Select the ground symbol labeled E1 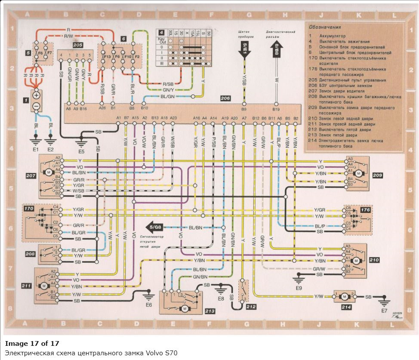pyautogui.click(x=36, y=141)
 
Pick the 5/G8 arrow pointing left pyautogui.click(x=156, y=227)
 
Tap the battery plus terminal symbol pyautogui.click(x=37, y=95)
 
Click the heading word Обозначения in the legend pyautogui.click(x=323, y=28)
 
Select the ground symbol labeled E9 pyautogui.click(x=297, y=276)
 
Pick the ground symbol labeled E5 pyautogui.click(x=80, y=141)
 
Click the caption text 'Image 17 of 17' pyautogui.click(x=32, y=343)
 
